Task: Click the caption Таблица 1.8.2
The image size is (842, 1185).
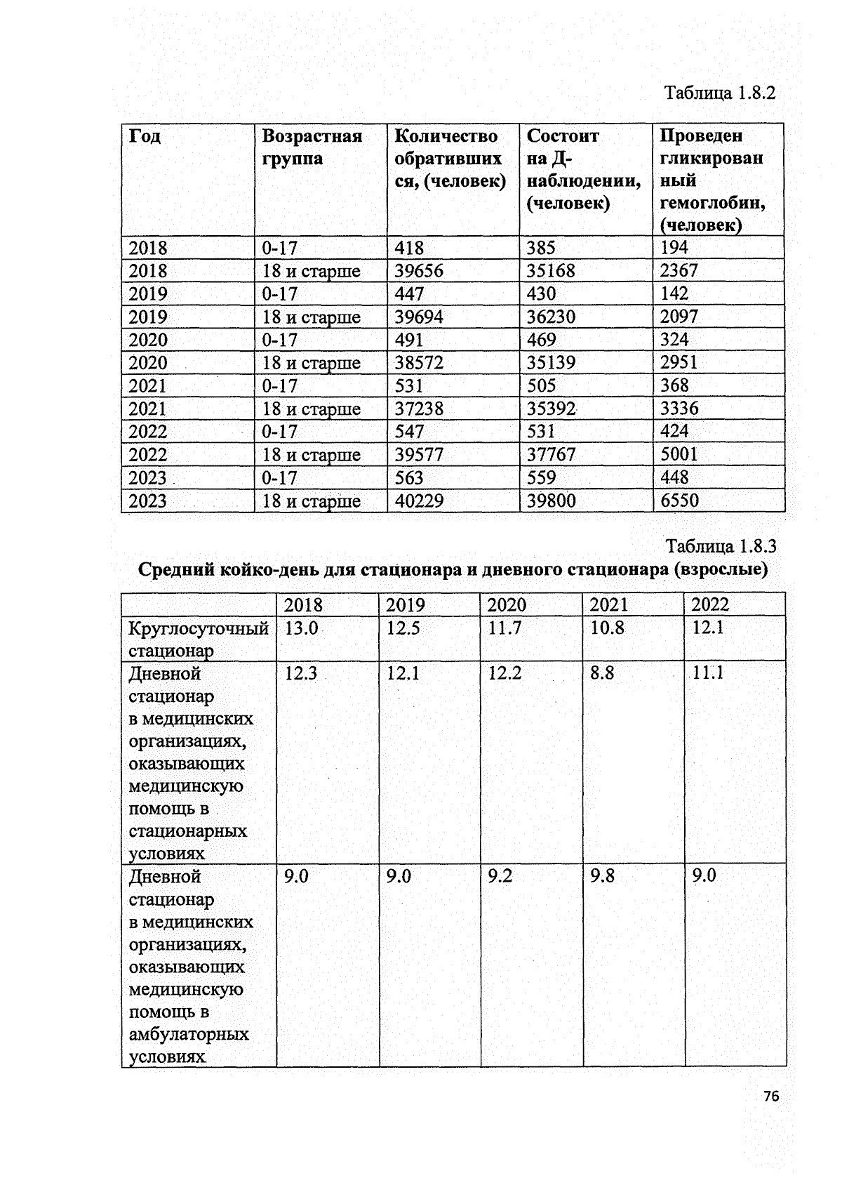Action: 720,93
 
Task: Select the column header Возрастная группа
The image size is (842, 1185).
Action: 312,147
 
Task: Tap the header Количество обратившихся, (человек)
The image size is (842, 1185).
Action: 449,158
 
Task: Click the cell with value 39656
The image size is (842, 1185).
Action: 419,271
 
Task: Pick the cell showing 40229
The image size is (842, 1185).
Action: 420,501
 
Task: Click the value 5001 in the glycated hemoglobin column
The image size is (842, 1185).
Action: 679,454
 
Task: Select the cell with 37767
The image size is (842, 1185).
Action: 552,455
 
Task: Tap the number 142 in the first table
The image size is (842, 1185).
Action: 674,293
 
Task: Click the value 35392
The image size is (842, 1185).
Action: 552,409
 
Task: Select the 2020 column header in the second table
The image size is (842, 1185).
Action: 507,605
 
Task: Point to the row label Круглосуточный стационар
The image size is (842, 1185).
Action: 199,639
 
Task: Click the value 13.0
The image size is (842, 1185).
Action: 301,628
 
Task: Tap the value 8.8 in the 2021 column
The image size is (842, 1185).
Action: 602,673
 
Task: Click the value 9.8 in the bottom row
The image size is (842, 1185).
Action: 602,876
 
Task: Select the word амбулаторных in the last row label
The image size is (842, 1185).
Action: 189,1034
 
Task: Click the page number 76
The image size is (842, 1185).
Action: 771,1097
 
